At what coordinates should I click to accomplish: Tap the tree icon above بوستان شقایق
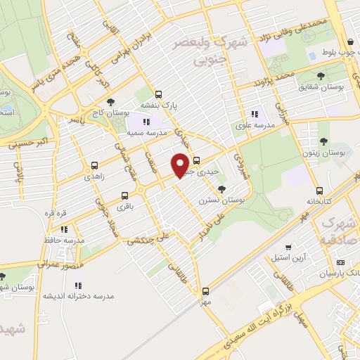click(321, 76)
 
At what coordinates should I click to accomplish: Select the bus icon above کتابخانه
click(319, 191)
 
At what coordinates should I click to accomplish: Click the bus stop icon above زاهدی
click(95, 166)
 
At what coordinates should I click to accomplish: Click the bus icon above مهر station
click(205, 290)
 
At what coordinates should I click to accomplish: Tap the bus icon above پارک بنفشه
click(158, 94)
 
